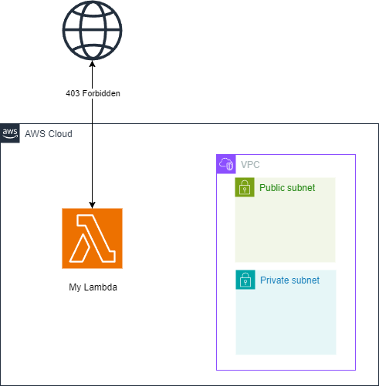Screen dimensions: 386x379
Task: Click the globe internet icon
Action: tap(93, 29)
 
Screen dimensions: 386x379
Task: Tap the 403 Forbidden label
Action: tap(93, 93)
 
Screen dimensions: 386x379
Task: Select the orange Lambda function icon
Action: tap(93, 238)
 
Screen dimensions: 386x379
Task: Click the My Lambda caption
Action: tap(93, 287)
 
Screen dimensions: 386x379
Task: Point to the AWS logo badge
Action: tap(10, 133)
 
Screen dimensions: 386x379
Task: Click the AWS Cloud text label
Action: tap(49, 134)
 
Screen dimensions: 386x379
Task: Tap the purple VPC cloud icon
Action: tap(226, 163)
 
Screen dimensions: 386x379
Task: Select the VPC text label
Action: tap(250, 165)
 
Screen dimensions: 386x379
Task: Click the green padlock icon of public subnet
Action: tap(245, 187)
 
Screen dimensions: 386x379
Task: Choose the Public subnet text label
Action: tap(287, 187)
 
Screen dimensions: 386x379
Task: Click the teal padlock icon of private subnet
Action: tap(245, 280)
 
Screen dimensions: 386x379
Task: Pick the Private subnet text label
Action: tap(289, 280)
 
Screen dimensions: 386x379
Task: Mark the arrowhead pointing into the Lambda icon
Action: tap(93, 204)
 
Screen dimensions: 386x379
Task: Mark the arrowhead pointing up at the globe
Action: tap(93, 64)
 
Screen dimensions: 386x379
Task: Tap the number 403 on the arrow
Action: tap(73, 93)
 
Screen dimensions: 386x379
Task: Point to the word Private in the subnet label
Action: tap(275, 280)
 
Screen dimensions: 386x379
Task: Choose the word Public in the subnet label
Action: tap(272, 187)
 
